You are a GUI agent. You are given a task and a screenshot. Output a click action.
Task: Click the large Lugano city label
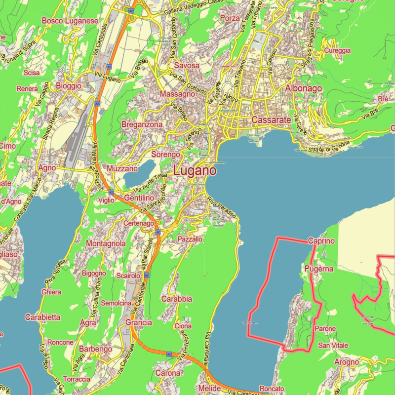coord(195,171)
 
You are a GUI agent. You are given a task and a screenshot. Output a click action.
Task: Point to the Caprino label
coord(321,241)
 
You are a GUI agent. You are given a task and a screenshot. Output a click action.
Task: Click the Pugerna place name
coord(319,269)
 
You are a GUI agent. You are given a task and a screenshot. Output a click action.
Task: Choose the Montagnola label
coord(106,244)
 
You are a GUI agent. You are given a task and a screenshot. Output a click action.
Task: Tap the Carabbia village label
coord(176,299)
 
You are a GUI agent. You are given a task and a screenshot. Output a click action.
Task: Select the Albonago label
coord(303,88)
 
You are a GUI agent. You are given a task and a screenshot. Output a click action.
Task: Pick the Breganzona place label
coord(142,125)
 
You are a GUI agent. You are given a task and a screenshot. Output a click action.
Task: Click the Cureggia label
coord(337,50)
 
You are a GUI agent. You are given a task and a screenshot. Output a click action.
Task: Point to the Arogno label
coord(346,362)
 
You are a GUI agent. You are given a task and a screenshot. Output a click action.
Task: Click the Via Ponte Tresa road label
coord(151,183)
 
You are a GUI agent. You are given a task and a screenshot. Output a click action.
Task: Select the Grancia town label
coord(139,322)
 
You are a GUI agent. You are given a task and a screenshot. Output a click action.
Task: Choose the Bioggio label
coord(69,86)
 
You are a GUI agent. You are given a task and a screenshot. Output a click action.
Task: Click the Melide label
coord(209,389)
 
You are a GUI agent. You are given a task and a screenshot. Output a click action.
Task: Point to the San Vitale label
coord(333,345)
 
